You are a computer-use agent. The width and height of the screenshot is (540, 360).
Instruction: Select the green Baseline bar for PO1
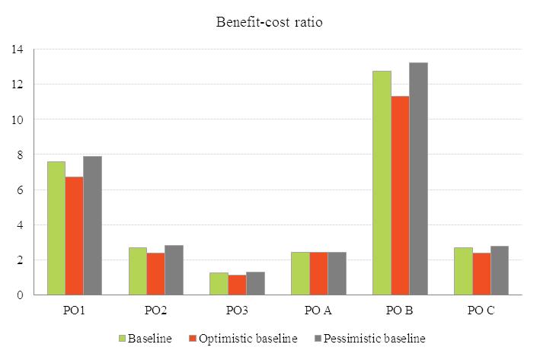coord(56,228)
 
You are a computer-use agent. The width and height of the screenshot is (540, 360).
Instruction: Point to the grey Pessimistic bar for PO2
coord(174,270)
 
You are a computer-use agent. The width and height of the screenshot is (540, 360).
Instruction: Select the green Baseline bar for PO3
coord(219,284)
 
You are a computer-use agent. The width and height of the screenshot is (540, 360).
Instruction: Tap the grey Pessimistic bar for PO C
coord(500,271)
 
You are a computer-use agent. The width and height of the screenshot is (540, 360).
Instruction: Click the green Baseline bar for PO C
coord(463,272)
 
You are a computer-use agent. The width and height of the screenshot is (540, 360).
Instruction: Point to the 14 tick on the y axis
coord(18,49)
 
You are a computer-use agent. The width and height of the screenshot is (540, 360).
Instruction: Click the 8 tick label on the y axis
coord(20,155)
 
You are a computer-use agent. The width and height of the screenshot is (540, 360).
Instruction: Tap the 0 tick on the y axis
coord(20,295)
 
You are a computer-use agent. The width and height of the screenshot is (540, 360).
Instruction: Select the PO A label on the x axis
coord(318,311)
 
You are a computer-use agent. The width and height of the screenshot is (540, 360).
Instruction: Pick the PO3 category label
coord(237,311)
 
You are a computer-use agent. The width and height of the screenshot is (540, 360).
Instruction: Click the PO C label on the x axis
coord(481,311)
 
